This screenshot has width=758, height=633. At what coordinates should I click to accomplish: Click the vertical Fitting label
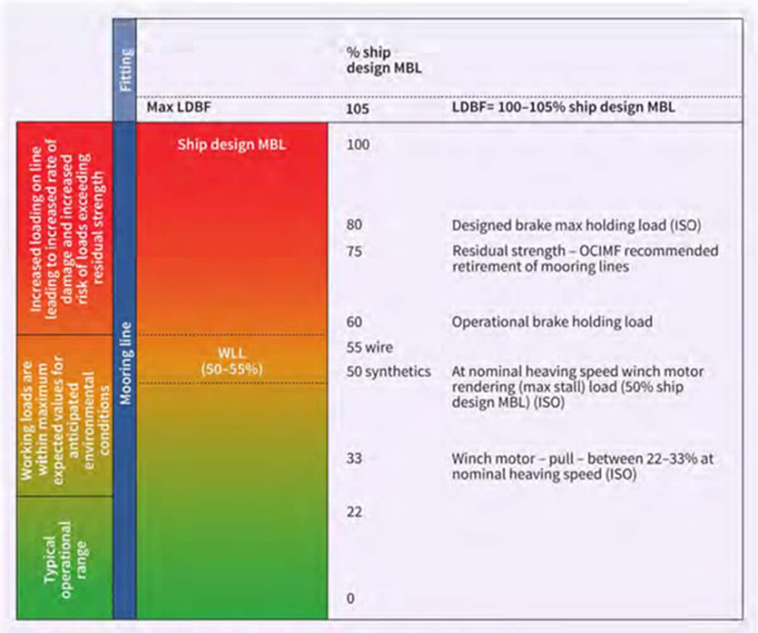coord(125,70)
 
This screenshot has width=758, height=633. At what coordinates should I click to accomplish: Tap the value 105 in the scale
coord(357,108)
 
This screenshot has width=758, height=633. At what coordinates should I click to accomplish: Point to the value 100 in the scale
coord(357,145)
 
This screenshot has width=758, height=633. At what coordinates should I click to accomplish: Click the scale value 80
coord(354,225)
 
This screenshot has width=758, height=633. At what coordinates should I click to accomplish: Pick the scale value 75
coord(354,252)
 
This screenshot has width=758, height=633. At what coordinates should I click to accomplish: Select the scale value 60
coord(354,322)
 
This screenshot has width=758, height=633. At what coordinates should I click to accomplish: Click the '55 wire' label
coord(370,348)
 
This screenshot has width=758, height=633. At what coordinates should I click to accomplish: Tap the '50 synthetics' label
coord(388,372)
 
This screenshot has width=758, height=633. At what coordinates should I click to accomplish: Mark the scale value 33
coord(354,458)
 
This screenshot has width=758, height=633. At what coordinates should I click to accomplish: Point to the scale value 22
coord(354,511)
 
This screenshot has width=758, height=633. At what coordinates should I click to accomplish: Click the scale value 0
coord(351,598)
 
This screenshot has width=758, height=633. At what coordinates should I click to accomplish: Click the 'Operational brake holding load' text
coord(552,322)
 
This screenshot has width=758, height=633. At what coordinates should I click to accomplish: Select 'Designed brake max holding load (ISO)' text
coord(576,225)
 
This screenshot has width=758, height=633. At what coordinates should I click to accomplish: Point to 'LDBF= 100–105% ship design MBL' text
coord(562,108)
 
